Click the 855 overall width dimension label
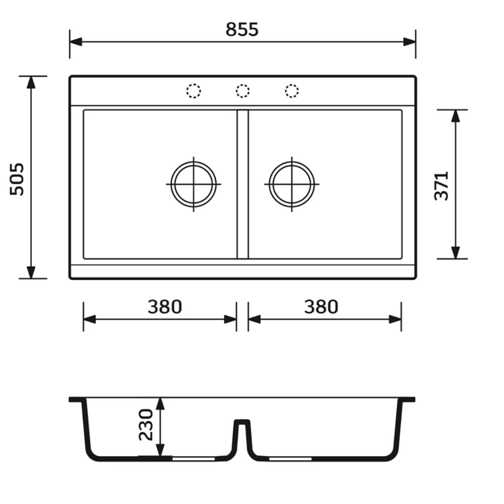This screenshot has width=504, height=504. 242,30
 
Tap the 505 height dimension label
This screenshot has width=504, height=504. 17,179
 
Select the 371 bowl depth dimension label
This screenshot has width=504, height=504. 442,186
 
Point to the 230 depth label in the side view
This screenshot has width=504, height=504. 146,425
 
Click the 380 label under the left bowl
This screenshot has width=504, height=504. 165,306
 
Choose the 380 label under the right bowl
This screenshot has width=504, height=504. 321,306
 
